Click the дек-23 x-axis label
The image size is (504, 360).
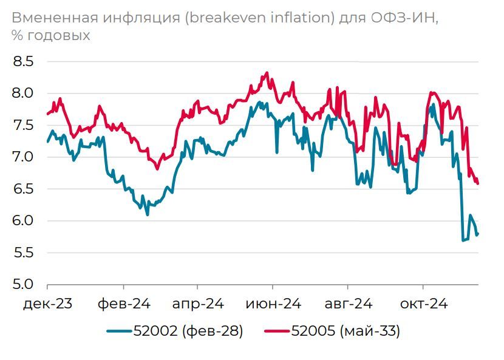coord(47,303)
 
